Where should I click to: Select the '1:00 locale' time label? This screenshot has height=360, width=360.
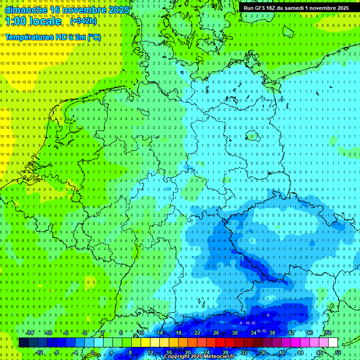[33, 21]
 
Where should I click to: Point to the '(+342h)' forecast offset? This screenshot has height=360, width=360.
[83, 21]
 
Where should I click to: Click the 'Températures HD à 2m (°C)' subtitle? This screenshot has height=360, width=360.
[53, 37]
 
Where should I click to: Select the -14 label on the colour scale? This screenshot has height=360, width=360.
[30, 333]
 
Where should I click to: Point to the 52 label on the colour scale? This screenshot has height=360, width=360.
[338, 352]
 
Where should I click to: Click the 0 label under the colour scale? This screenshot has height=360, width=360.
[93, 352]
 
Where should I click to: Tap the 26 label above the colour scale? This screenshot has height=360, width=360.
[216, 333]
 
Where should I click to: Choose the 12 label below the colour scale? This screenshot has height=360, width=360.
[150, 352]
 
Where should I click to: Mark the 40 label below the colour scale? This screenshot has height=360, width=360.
[282, 352]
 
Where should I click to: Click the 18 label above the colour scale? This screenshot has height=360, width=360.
[179, 333]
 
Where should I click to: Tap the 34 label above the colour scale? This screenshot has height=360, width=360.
[254, 333]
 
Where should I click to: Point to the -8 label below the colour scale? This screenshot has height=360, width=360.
[57, 352]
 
